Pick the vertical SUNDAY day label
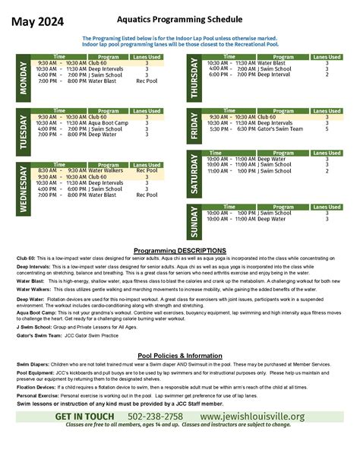click(195, 221)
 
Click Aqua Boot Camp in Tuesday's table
click(108, 122)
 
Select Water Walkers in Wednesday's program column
click(106, 170)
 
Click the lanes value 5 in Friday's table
click(327, 129)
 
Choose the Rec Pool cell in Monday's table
click(147, 81)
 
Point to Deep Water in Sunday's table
click(272, 219)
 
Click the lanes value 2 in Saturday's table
click(327, 171)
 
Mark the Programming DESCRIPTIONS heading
click(179, 250)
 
